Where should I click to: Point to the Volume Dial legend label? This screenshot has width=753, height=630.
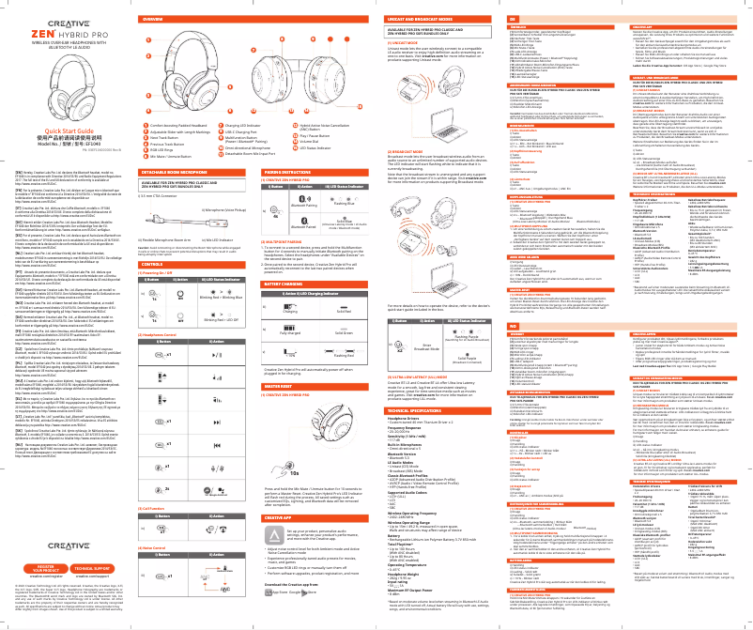point(311,142)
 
